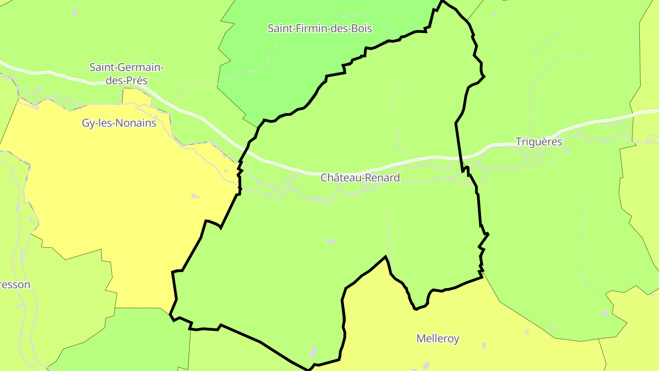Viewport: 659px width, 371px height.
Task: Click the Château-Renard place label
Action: tap(360, 178)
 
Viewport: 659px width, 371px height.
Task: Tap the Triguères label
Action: tap(539, 142)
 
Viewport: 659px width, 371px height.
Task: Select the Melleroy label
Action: tap(438, 338)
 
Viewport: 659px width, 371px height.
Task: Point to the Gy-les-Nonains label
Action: tap(119, 123)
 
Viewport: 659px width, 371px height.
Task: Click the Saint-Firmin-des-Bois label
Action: tap(319, 28)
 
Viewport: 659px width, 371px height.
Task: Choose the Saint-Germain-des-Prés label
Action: tap(126, 74)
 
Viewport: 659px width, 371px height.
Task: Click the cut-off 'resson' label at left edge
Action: tap(15, 284)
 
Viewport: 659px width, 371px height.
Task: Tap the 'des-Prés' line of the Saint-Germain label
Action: tap(127, 81)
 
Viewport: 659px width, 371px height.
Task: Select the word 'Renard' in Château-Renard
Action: tap(383, 178)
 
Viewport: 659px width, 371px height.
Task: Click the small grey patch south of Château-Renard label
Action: tap(330, 241)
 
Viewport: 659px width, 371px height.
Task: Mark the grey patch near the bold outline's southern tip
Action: tap(313, 352)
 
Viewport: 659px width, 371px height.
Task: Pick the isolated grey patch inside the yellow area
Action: tap(195, 196)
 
